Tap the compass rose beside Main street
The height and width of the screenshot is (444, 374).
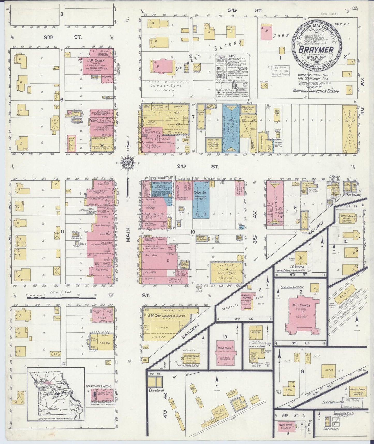(128, 163)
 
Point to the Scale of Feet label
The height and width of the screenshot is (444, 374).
(62, 292)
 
